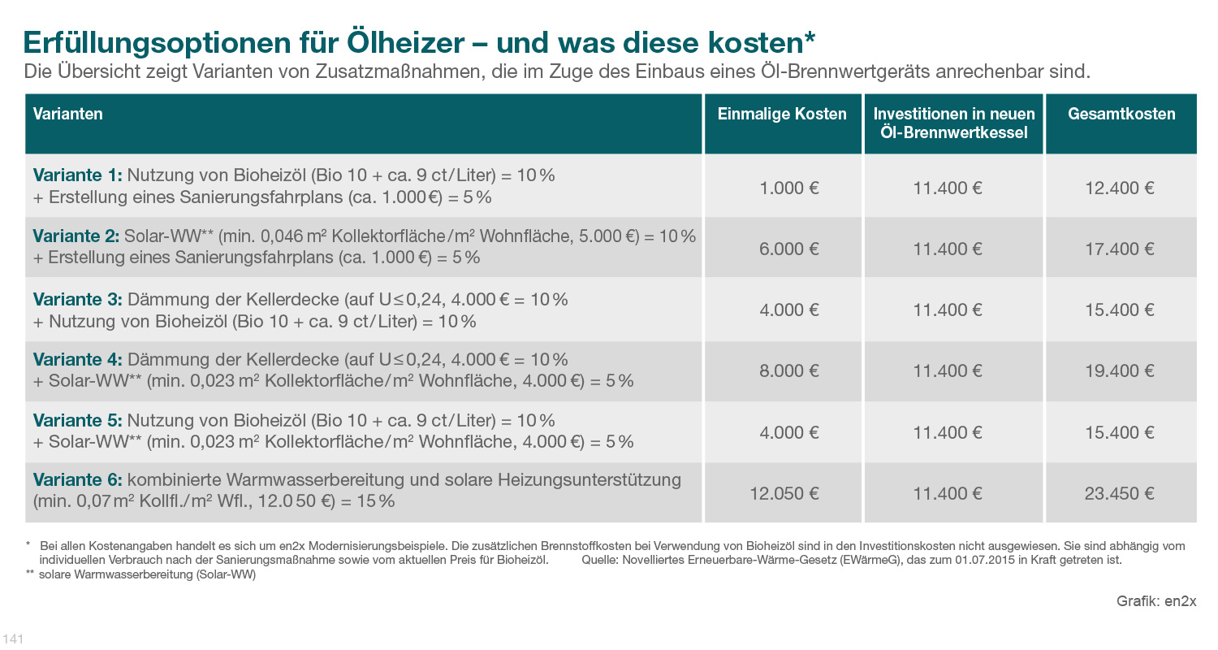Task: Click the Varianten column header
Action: pos(68,114)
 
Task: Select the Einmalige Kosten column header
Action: pos(782,114)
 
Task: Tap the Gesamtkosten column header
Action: pos(1121,114)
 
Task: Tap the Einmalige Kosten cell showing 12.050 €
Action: pos(784,493)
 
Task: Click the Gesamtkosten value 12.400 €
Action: pos(1120,188)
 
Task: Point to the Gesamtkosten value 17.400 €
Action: pos(1120,249)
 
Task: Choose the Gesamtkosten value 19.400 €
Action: pos(1120,370)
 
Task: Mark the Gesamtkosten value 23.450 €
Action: pos(1120,493)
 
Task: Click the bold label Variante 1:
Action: pos(77,175)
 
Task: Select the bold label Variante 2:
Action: pos(77,236)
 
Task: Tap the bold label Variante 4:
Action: pos(77,359)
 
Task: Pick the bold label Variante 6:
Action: pos(77,480)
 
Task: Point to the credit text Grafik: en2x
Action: pos(1156,601)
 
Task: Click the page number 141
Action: pos(14,639)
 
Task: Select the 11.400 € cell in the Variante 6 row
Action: pos(948,493)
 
